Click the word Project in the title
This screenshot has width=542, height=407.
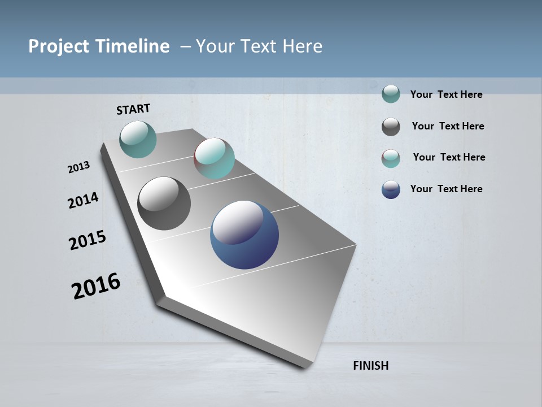coord(58,46)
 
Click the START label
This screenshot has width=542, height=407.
coord(133,109)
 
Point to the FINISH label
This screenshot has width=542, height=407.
coord(370,366)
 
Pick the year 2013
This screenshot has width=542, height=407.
coord(78,167)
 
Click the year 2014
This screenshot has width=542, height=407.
coord(83,201)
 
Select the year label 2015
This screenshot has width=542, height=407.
coord(87,240)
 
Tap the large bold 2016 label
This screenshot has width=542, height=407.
coord(96,286)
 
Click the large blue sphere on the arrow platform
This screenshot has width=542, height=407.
coord(244,235)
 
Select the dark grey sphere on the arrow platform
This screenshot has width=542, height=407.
coord(164,203)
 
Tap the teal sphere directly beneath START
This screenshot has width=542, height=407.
coord(138,139)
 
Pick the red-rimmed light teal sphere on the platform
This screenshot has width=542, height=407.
coord(214,158)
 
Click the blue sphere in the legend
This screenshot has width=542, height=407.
coord(391,189)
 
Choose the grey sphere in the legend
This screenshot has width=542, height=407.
coord(391,127)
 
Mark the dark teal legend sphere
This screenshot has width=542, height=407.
coord(391,94)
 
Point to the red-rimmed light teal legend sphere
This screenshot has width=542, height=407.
coord(391,158)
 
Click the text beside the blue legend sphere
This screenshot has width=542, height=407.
coord(446,189)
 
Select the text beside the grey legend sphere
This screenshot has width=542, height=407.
coord(448,126)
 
